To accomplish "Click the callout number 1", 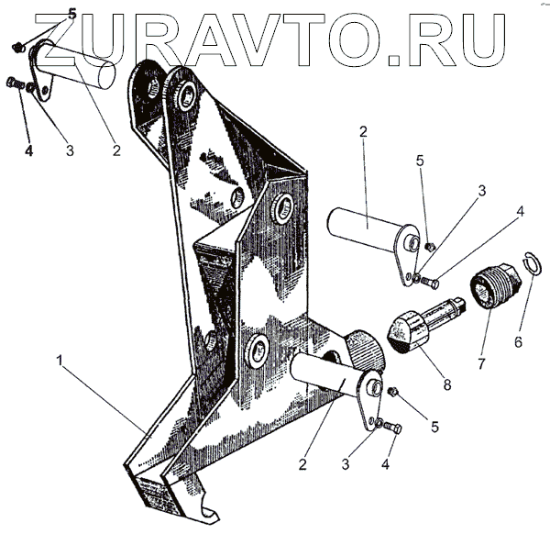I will point(62,362).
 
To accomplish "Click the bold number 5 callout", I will point(72,15).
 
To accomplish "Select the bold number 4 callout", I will point(28,150).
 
